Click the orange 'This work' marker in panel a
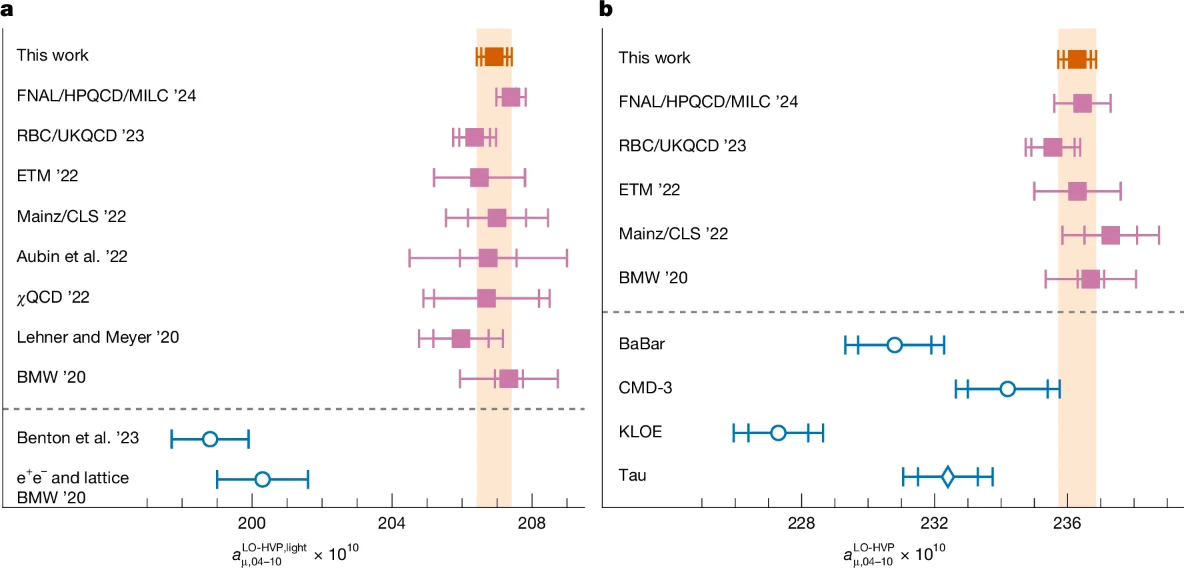[494, 57]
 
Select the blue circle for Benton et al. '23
[210, 439]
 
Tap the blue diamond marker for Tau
[947, 476]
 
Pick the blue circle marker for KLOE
[778, 433]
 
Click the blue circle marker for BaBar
[895, 345]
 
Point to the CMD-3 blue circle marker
[1007, 389]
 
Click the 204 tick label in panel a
[391, 523]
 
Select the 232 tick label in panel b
[934, 523]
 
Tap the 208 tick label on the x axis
[531, 523]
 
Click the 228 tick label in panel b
[801, 523]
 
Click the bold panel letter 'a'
[7, 9]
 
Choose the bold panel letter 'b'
[605, 9]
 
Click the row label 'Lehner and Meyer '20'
[97, 337]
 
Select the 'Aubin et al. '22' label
[72, 257]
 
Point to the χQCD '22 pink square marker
[487, 298]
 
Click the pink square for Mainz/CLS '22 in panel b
[1111, 235]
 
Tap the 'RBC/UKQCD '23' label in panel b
[682, 146]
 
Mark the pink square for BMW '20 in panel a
[509, 379]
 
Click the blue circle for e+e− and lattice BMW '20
[263, 479]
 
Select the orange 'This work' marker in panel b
[1077, 59]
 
